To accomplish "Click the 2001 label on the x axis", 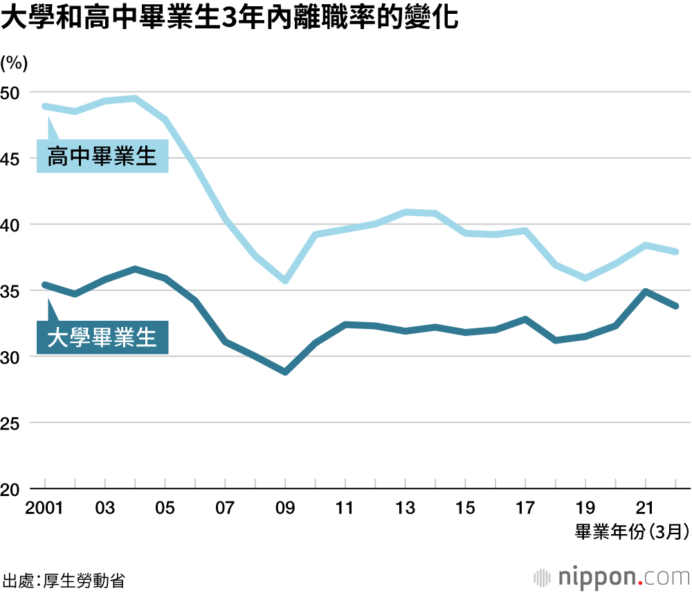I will pos(44,508).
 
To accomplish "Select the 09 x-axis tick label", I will pos(284,508).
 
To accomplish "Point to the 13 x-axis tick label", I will pos(405,508).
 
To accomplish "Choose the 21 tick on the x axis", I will pos(645,508).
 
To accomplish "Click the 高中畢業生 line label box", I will pos(102,158).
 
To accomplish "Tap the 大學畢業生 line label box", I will pos(102,339).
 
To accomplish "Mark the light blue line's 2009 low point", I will pos(284,281).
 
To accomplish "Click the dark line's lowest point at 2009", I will pos(284,372).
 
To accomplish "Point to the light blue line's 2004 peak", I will pos(135,98).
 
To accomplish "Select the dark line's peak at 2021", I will pos(646,292).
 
